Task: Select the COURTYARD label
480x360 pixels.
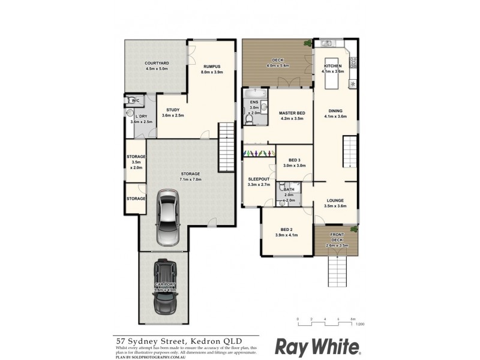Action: click(x=157, y=62)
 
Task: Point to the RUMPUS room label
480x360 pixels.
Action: click(x=212, y=67)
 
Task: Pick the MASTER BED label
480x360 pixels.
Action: click(x=292, y=113)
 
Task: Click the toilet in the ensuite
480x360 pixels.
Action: click(x=249, y=121)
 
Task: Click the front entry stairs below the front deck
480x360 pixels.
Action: click(x=338, y=269)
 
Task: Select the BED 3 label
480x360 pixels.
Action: click(x=294, y=160)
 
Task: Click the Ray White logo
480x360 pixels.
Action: click(x=317, y=346)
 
